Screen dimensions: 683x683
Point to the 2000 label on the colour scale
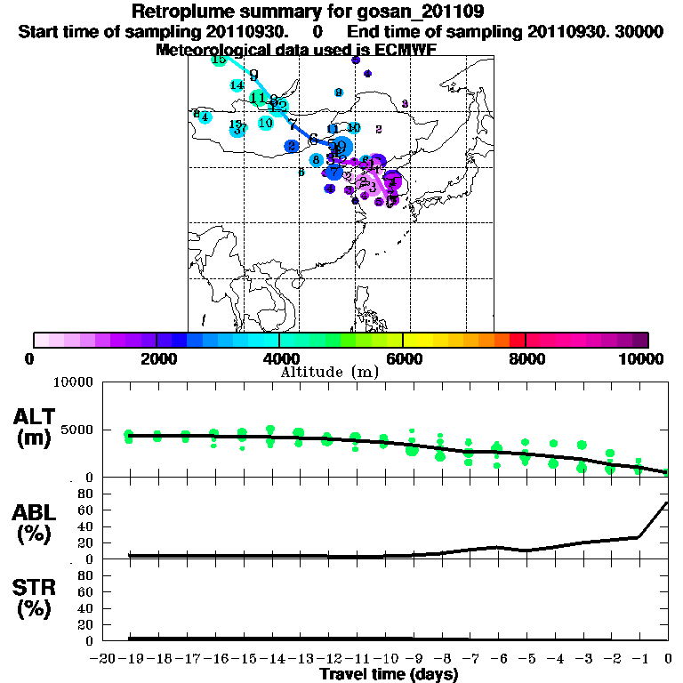[x=157, y=359]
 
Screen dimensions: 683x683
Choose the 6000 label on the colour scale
[x=403, y=359]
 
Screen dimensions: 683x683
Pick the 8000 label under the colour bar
[x=526, y=359]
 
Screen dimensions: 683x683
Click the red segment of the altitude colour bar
[x=517, y=340]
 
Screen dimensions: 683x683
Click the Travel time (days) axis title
[x=389, y=675]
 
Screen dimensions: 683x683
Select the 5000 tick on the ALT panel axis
[x=76, y=430]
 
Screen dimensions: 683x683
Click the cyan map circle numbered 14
[x=237, y=85]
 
